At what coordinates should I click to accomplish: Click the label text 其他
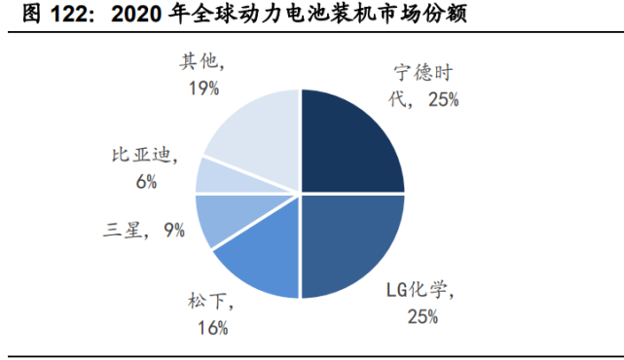(x=198, y=62)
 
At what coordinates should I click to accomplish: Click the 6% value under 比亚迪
(x=147, y=180)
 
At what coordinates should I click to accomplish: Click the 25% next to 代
(x=440, y=99)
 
